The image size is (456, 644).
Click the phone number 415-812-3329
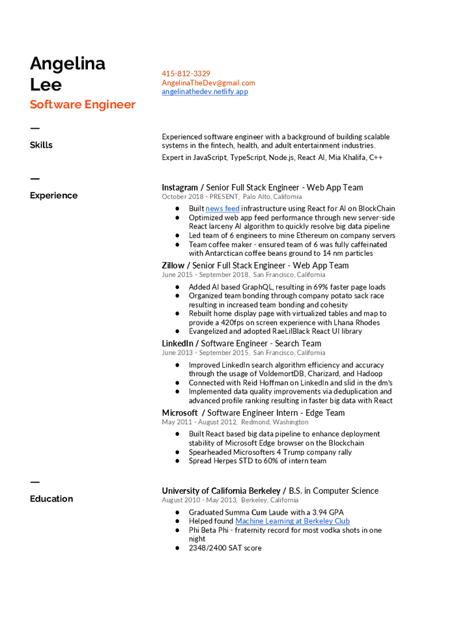[186, 74]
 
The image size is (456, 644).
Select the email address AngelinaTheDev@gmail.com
[208, 83]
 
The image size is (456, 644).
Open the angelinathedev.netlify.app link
[205, 92]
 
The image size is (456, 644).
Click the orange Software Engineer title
[83, 105]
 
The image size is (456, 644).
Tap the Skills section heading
[41, 145]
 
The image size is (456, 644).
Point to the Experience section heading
[53, 195]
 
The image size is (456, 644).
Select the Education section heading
[51, 499]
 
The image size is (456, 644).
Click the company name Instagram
[180, 187]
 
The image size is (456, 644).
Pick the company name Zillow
[173, 265]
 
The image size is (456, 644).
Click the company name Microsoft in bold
[180, 413]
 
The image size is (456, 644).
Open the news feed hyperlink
[223, 209]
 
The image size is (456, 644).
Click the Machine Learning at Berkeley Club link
[292, 521]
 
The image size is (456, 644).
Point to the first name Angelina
[68, 64]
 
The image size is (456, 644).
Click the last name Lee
[46, 85]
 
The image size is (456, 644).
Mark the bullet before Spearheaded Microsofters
[177, 452]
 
